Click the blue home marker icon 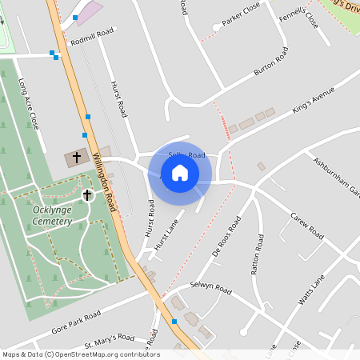[x=180, y=173]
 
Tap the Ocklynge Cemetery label [x=42, y=215]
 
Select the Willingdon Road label [x=105, y=182]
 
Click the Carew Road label [x=306, y=226]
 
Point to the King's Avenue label [x=312, y=105]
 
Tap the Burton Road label [x=270, y=65]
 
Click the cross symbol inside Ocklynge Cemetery [x=87, y=194]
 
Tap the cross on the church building [x=78, y=158]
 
